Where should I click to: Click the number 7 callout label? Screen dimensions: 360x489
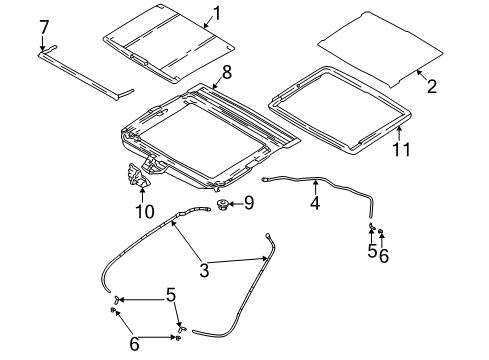coord(43,23)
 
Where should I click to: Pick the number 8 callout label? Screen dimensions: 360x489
coord(226,72)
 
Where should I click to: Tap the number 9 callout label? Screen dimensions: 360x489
coord(249,203)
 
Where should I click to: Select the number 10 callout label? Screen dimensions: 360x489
coord(145,212)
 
